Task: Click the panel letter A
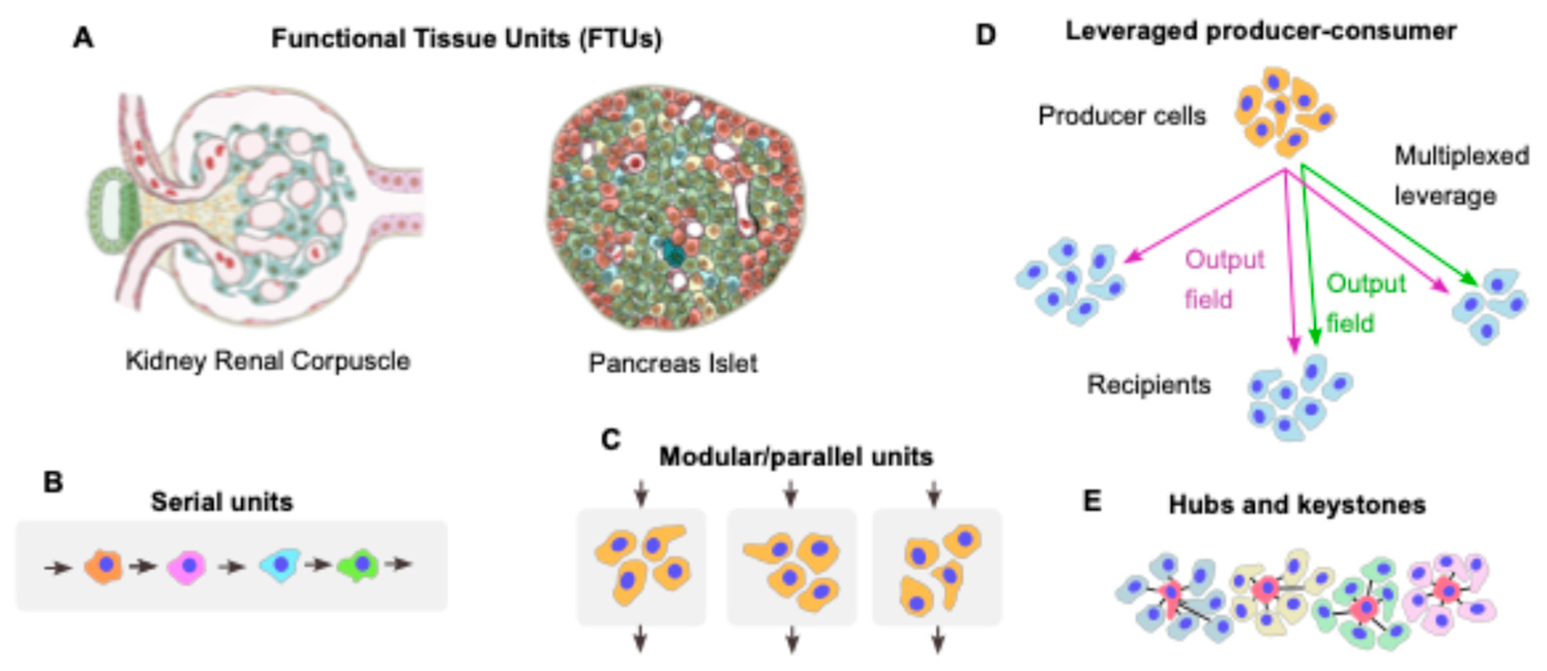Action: tap(83, 38)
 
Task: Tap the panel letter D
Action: tap(986, 35)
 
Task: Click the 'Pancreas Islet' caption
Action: tap(673, 363)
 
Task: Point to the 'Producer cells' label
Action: tap(1122, 116)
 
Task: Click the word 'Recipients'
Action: tap(1149, 385)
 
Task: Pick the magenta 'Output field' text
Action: tap(1224, 280)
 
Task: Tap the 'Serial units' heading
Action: tap(222, 502)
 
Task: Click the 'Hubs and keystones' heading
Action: tap(1297, 504)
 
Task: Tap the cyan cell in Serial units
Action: tap(280, 564)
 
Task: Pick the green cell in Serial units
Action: tap(358, 565)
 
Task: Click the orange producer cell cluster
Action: tap(1283, 112)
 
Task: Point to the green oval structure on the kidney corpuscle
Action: tap(114, 214)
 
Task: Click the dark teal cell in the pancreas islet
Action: tap(675, 253)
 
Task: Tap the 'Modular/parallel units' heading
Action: tap(796, 457)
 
